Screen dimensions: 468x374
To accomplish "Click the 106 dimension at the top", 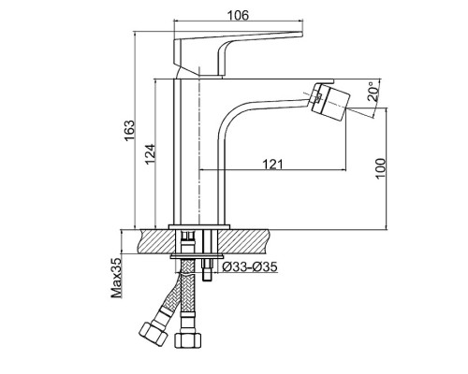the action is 238,15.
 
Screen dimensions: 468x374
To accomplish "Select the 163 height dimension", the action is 129,130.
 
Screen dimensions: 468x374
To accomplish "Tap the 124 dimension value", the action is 150,154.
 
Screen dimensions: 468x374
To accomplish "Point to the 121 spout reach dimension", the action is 272,164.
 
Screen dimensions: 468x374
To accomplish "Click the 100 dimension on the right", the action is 380,168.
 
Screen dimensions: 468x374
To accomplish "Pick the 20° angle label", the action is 373,92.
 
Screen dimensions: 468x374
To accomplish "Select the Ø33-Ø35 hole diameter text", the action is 250,266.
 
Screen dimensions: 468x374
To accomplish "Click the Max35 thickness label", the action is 117,278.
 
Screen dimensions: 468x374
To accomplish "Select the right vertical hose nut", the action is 188,340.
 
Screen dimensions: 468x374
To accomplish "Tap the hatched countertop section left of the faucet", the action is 155,241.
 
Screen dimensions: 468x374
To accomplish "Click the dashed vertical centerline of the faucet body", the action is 198,148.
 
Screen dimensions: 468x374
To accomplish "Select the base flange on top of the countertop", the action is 199,227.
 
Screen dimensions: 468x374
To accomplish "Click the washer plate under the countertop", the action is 197,256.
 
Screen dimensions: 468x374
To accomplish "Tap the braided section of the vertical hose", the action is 187,287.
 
